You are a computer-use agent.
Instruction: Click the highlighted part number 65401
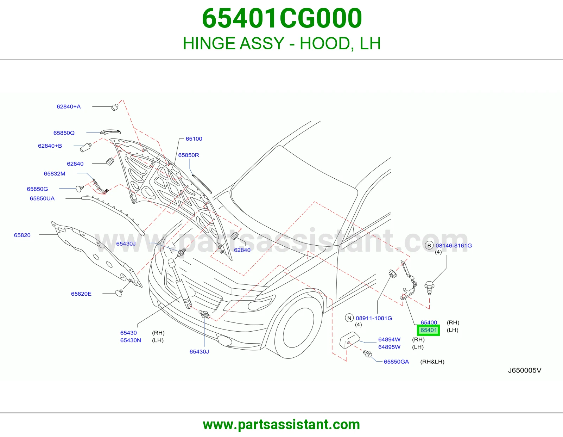click(x=429, y=330)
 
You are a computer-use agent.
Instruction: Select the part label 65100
click(x=194, y=139)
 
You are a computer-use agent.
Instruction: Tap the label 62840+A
click(x=69, y=107)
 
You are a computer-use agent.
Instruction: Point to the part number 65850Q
click(x=64, y=133)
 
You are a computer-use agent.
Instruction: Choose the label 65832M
click(x=55, y=174)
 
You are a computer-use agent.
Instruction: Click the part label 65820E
click(x=81, y=294)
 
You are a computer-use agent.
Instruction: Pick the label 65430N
click(x=131, y=340)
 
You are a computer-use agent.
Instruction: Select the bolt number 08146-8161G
click(x=454, y=246)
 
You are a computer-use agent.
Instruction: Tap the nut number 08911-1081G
click(x=374, y=318)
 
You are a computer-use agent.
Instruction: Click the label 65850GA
click(x=397, y=362)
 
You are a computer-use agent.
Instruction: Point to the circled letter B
click(x=429, y=246)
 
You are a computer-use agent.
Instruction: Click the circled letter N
click(x=349, y=318)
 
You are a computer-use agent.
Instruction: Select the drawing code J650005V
click(x=525, y=370)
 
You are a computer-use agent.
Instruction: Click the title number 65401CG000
click(x=282, y=18)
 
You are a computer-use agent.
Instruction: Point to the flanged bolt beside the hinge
click(x=429, y=287)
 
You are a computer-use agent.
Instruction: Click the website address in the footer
click(x=281, y=425)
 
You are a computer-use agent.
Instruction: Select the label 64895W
click(x=390, y=347)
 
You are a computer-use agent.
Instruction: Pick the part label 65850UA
click(x=42, y=198)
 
